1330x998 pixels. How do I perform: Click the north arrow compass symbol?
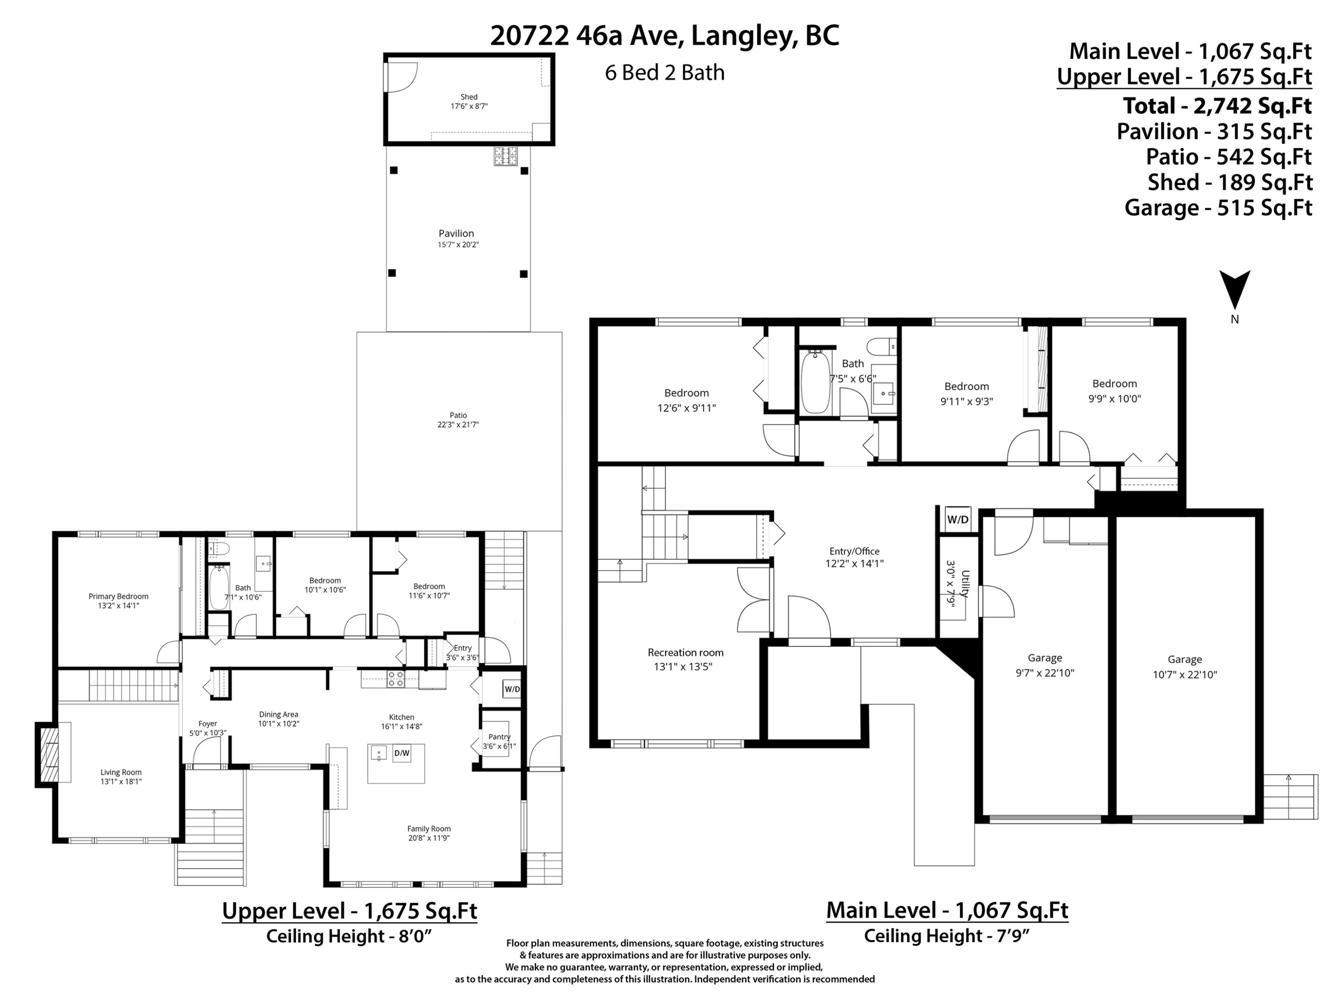click(x=1234, y=291)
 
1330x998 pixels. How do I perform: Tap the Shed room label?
click(x=469, y=97)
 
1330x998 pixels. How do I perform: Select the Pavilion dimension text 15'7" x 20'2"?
click(x=458, y=245)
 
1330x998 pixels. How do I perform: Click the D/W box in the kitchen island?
click(x=402, y=753)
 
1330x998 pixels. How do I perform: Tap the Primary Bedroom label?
click(x=118, y=596)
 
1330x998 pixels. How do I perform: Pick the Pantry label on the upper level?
click(x=499, y=736)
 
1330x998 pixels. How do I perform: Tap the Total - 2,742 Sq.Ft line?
click(x=1217, y=106)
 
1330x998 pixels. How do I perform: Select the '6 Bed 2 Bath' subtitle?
click(x=665, y=73)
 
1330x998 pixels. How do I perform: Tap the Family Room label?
click(x=429, y=829)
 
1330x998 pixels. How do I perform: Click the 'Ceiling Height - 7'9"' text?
click(x=947, y=936)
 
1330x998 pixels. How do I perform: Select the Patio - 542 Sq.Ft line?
click(x=1228, y=157)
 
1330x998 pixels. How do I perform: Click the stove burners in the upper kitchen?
click(x=395, y=679)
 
